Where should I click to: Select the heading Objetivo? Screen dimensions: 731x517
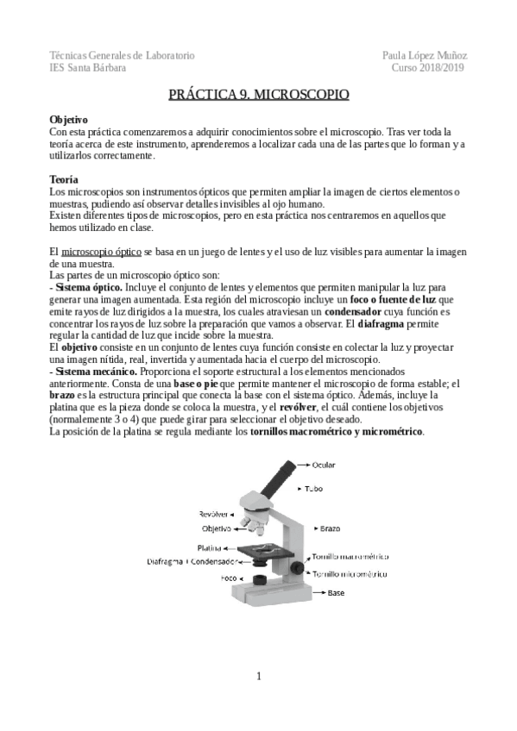pos(68,118)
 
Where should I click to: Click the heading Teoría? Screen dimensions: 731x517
pos(65,179)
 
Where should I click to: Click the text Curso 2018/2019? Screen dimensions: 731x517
pos(428,67)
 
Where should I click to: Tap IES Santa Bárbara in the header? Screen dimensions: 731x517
pos(87,67)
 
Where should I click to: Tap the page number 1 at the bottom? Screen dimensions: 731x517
pos(258,676)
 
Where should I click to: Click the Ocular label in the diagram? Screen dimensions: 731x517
pos(322,465)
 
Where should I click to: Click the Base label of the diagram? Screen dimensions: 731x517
pos(335,593)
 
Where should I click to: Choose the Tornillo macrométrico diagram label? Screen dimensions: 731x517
pos(348,557)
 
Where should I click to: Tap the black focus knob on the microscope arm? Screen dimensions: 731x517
pos(298,567)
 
